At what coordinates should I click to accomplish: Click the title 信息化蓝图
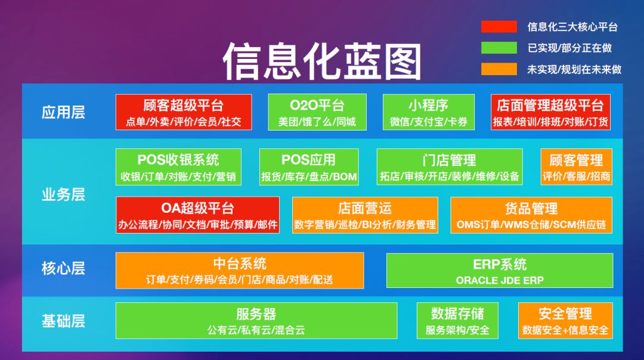click(322, 61)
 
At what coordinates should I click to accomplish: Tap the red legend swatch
click(499, 26)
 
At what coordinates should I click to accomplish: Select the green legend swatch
click(499, 48)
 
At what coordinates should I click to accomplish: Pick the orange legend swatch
click(499, 69)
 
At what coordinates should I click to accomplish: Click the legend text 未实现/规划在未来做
click(574, 69)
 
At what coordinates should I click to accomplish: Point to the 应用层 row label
click(63, 112)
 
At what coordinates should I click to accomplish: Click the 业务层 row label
click(63, 194)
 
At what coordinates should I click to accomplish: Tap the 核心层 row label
click(63, 268)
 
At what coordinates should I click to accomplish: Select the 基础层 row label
click(63, 321)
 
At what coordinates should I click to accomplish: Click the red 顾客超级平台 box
click(184, 112)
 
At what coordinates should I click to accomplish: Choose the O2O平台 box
click(317, 112)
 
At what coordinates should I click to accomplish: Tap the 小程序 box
click(428, 112)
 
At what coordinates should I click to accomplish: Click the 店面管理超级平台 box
click(550, 112)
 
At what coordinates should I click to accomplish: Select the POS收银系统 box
click(178, 167)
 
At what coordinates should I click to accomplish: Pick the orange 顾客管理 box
click(576, 167)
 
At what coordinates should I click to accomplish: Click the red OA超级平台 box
click(197, 215)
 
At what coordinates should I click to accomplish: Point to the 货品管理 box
click(531, 215)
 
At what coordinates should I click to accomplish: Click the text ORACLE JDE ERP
click(500, 280)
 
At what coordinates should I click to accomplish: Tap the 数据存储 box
click(457, 321)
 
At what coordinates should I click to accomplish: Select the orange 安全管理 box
click(565, 321)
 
